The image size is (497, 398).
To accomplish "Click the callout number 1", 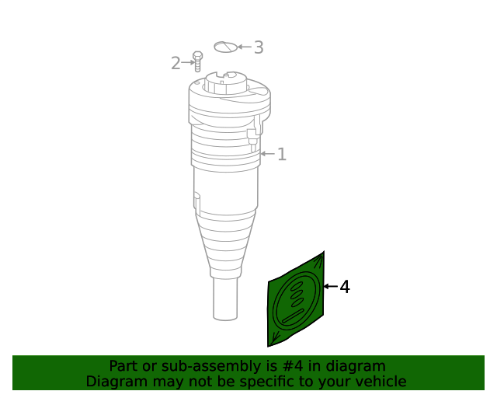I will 282,155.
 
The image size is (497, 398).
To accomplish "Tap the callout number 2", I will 176,63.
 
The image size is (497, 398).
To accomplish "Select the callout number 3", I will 259,47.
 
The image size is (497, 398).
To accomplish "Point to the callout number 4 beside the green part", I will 345,288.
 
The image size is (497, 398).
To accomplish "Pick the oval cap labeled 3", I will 225,47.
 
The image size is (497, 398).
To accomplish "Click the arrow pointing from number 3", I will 244,47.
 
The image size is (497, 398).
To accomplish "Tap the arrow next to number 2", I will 187,62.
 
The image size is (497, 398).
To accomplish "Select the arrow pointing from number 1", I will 267,154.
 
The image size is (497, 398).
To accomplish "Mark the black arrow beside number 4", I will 329,287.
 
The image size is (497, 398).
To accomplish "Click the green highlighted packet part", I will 297,300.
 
